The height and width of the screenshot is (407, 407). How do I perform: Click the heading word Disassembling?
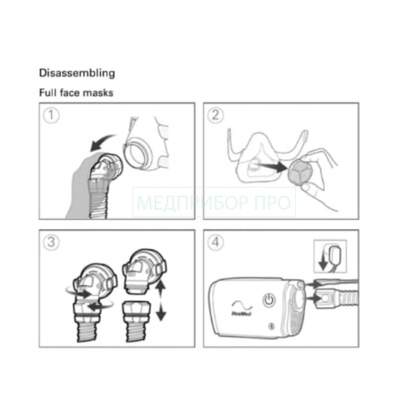(x=77, y=73)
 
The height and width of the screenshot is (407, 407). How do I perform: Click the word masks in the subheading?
(x=100, y=93)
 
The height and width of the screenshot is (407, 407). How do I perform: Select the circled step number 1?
(x=51, y=115)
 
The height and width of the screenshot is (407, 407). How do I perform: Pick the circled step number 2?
(x=215, y=115)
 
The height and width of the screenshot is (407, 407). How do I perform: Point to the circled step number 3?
(x=51, y=243)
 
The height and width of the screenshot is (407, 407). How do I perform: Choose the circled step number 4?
(x=215, y=243)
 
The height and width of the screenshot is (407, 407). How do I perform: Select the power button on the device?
(x=269, y=300)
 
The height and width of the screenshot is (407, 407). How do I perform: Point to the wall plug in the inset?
(x=335, y=255)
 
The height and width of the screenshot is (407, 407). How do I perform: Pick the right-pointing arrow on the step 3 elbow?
(x=83, y=294)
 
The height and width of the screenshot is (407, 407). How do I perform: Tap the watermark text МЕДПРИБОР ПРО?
(x=214, y=202)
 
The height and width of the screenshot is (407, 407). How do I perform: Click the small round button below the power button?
(x=271, y=326)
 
